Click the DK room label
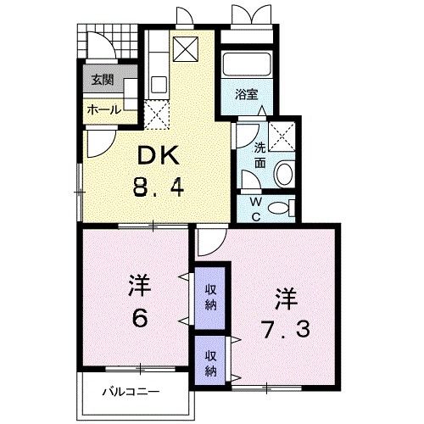[x=159, y=155]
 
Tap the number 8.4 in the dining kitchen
[x=159, y=188]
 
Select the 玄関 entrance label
[x=103, y=80]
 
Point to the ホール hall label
[x=103, y=109]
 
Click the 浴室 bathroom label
[x=247, y=95]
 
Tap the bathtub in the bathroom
[x=247, y=64]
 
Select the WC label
[x=256, y=209]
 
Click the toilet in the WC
[x=281, y=208]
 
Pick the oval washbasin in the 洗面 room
[x=284, y=173]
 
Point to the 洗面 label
[x=259, y=155]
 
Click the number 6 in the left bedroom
[x=140, y=317]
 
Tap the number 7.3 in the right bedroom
[x=286, y=329]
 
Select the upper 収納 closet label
[x=210, y=298]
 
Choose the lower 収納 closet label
[x=210, y=363]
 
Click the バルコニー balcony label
[x=131, y=392]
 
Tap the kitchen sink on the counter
[x=159, y=84]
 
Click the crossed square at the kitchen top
[x=186, y=49]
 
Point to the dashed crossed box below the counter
[x=157, y=114]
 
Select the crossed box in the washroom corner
[x=282, y=137]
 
